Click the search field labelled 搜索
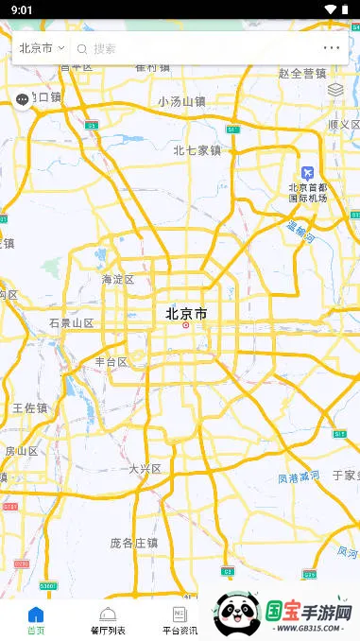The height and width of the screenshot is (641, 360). (198, 48)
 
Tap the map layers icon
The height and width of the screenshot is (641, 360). (335, 90)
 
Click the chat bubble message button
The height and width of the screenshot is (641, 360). (23, 100)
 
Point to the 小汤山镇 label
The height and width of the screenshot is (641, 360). (181, 101)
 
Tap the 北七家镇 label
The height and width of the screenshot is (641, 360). (197, 149)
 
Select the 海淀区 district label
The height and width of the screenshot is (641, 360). (118, 280)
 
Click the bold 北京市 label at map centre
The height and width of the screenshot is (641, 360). (186, 313)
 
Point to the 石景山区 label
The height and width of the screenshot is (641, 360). (72, 323)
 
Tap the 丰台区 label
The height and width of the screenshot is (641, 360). (111, 362)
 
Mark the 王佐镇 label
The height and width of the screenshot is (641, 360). (29, 407)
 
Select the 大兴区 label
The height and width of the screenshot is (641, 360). (145, 468)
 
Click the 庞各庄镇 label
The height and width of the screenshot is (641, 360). (133, 543)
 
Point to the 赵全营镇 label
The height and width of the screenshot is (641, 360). (301, 73)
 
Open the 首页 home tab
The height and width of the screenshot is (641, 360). (36, 620)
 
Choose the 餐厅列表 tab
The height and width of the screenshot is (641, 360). (108, 620)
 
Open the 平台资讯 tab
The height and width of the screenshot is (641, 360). (180, 620)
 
